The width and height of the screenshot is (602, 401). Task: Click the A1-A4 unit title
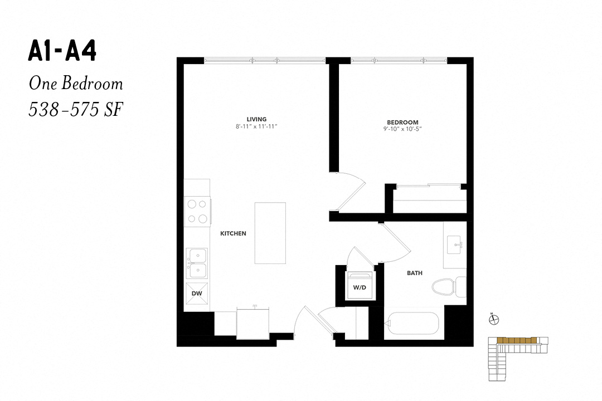point(62,51)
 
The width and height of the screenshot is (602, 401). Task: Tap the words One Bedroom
point(76,84)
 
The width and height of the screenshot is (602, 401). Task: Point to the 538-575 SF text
point(76,110)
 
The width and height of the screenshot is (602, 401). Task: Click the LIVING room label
point(256,119)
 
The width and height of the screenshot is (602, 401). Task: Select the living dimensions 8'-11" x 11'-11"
point(256,126)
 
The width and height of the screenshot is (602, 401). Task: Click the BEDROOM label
point(403,123)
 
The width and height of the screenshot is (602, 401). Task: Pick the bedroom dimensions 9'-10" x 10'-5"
point(403,129)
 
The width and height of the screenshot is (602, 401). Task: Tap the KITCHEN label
point(233,233)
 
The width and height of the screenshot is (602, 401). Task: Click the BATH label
point(415,273)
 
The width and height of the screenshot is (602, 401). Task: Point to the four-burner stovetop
point(197,212)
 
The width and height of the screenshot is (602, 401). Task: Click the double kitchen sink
point(197,263)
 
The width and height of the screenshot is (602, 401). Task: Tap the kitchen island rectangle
point(270,233)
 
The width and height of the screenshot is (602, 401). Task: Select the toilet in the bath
point(449,287)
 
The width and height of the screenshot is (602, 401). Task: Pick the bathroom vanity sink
point(455,245)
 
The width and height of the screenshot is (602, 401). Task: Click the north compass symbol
point(494,319)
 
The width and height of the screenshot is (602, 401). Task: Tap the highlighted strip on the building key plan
point(516,340)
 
